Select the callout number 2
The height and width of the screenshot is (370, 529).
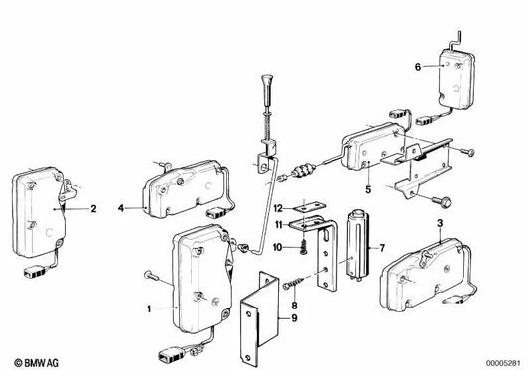(x=93, y=209)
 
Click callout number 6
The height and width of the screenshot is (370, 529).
(x=418, y=66)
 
